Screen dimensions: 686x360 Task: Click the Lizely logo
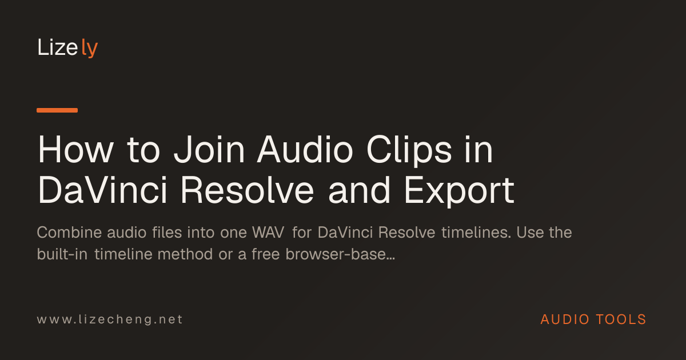67,47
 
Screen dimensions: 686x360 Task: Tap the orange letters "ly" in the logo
89,48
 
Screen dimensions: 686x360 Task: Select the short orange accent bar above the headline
57,110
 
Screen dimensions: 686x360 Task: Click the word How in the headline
75,150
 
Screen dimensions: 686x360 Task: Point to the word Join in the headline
209,150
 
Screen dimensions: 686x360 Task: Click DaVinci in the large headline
102,190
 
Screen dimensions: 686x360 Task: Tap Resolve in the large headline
247,190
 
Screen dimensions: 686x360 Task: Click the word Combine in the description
69,233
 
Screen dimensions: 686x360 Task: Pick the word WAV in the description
268,233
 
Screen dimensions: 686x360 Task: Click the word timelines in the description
476,233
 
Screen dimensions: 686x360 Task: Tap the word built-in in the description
62,254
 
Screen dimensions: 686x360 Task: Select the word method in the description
185,254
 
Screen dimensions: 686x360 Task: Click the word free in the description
265,254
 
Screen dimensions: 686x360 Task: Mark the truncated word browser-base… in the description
340,254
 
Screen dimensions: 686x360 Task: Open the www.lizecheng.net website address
110,319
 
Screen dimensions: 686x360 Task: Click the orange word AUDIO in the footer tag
565,319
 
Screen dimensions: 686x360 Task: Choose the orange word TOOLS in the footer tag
621,319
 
